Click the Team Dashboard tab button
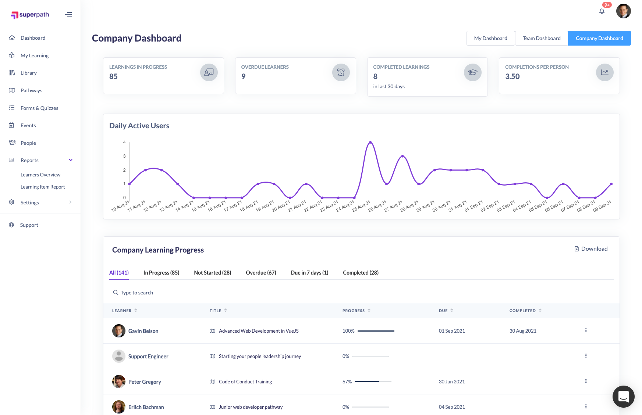point(541,38)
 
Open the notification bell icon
point(602,11)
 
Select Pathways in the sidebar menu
point(31,90)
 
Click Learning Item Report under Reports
point(43,187)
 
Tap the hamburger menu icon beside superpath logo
point(68,15)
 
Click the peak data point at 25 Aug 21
point(370,142)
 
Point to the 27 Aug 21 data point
point(402,156)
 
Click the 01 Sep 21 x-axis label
point(473,206)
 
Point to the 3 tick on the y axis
point(124,156)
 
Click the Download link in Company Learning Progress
point(591,249)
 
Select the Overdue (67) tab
point(261,273)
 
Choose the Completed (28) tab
point(361,273)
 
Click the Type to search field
point(136,293)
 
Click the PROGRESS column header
point(354,311)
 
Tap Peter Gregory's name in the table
point(145,382)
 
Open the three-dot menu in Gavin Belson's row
point(586,330)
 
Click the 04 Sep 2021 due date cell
point(452,407)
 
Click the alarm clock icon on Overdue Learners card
point(341,72)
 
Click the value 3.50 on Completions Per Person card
point(512,76)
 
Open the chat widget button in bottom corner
point(623,396)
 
